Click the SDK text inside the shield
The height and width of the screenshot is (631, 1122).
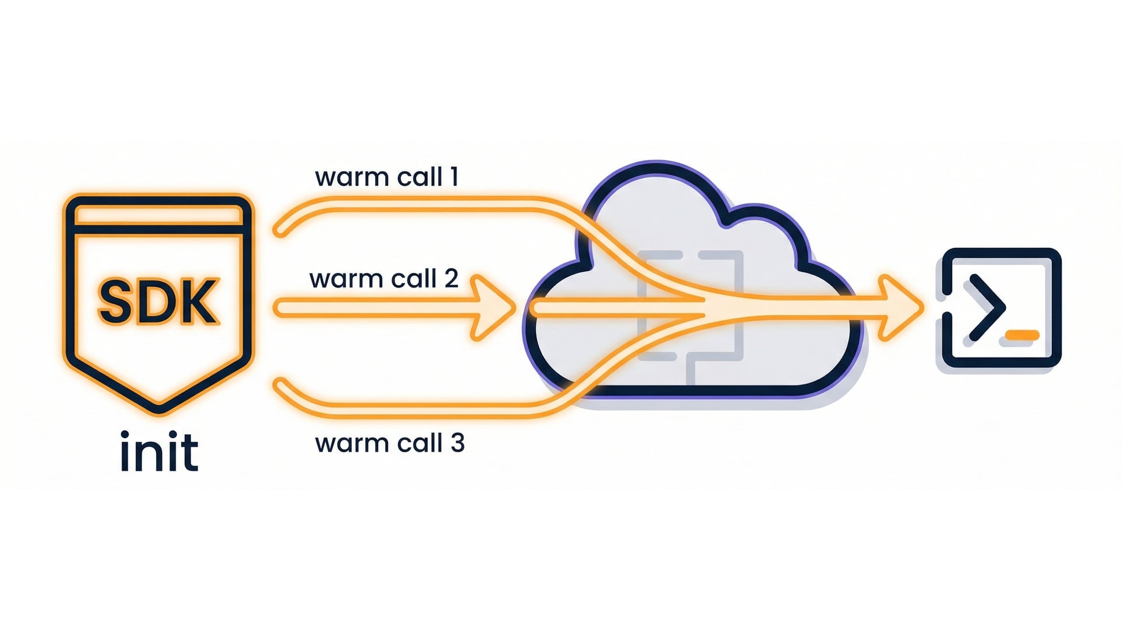click(x=158, y=301)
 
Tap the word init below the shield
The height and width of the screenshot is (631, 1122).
click(x=159, y=451)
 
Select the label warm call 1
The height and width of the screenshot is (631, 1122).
click(x=386, y=177)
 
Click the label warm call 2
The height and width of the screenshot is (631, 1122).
click(x=383, y=279)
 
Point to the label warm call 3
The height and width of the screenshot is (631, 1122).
click(x=389, y=443)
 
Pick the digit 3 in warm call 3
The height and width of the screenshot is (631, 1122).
click(x=458, y=443)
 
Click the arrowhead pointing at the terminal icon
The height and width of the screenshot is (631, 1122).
click(x=900, y=308)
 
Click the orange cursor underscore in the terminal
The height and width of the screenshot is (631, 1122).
click(x=1022, y=335)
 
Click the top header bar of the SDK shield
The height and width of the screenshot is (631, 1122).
click(x=158, y=215)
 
